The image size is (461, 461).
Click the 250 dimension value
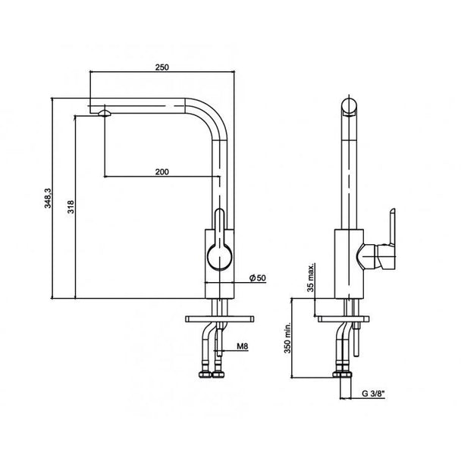[x=162, y=67]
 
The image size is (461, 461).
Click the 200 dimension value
[x=162, y=171]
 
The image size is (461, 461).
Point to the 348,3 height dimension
[x=48, y=199]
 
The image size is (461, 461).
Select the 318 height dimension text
[x=71, y=207]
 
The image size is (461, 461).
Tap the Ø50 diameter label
[x=258, y=278]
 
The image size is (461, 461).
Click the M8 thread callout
[x=243, y=347]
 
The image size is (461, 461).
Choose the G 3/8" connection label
[x=373, y=394]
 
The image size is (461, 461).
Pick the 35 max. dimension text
[x=311, y=278]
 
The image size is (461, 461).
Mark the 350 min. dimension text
[x=287, y=337]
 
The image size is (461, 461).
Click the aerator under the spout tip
[x=105, y=113]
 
